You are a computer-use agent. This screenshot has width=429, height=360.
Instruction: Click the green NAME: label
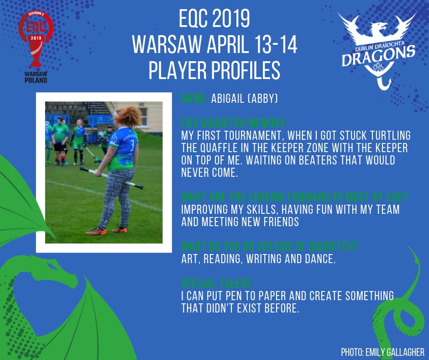tap(194, 99)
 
